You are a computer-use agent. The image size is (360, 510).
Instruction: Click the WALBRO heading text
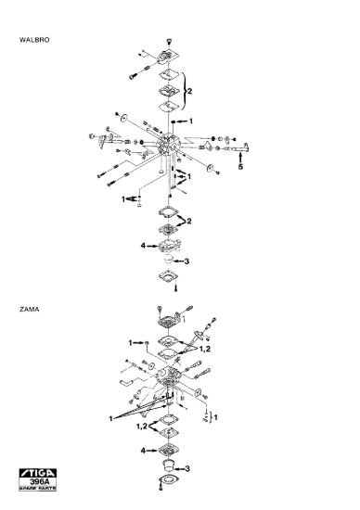(34, 40)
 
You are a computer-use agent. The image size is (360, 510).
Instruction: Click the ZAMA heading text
(30, 309)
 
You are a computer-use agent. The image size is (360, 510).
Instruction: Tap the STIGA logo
(38, 473)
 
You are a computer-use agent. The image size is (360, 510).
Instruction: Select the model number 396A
(39, 481)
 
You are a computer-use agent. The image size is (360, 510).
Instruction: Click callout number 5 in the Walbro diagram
(240, 167)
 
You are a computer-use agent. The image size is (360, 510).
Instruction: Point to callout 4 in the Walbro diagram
(143, 246)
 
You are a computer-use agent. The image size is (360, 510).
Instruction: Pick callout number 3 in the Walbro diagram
(186, 261)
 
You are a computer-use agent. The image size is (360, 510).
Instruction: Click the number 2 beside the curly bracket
(189, 91)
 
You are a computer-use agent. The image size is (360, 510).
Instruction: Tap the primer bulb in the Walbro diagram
(168, 260)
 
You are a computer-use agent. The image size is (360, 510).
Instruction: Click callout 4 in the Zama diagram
(143, 451)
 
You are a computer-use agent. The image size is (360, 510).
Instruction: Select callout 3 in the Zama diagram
(187, 468)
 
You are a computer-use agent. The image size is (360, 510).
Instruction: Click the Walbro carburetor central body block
(168, 145)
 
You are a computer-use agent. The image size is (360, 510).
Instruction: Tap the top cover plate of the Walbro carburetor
(168, 57)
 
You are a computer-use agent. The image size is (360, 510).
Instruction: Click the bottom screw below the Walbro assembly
(176, 288)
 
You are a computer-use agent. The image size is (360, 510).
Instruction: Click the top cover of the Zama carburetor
(168, 320)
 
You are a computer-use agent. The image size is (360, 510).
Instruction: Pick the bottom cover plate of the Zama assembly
(169, 480)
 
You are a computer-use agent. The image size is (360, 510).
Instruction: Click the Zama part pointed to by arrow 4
(169, 450)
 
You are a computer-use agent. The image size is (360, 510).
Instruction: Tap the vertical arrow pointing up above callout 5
(240, 158)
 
